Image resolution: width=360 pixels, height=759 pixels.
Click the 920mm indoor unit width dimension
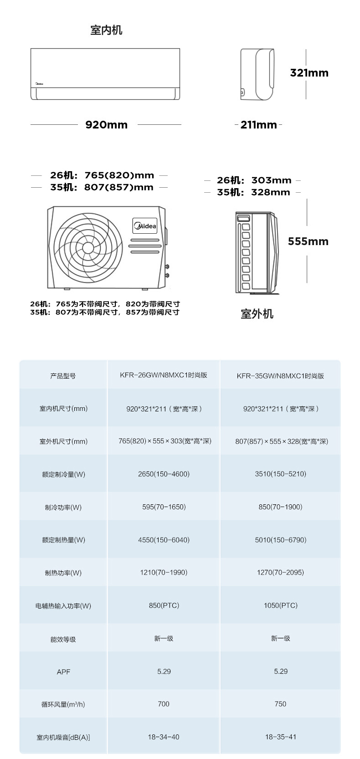coord(107,125)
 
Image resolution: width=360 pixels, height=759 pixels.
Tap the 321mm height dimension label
coord(309,73)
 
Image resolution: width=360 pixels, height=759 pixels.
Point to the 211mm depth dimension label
coord(259,125)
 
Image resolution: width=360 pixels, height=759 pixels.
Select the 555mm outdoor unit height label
coord(308,241)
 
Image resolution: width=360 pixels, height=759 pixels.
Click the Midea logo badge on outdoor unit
coord(145,226)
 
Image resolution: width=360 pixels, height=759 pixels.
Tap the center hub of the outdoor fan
coord(88,248)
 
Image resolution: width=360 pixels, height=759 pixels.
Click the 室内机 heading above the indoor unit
coord(106,30)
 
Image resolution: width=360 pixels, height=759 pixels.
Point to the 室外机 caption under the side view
coord(257,314)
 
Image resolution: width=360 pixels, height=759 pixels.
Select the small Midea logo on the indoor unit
coord(40,84)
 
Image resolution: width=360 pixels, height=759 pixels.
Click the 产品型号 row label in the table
coord(63,376)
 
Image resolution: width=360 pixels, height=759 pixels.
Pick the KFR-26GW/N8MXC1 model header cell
coord(164,375)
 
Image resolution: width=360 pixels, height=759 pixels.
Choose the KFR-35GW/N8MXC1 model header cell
coord(280,376)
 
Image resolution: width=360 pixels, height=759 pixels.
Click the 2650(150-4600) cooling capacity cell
coord(164,474)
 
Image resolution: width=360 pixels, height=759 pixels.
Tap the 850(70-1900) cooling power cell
coord(280,507)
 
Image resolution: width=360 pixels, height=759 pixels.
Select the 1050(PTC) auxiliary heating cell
coord(281,605)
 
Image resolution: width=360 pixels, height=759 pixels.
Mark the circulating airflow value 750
coord(280,704)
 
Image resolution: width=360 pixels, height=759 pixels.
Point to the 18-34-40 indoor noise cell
coord(164,737)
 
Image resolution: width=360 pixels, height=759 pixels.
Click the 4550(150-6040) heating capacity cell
coord(164,540)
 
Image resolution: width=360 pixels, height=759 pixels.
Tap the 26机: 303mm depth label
coord(254,180)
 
